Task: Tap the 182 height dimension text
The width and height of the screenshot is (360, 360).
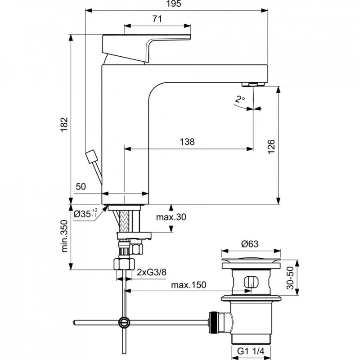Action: click(x=64, y=122)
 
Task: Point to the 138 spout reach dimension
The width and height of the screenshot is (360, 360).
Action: click(x=187, y=142)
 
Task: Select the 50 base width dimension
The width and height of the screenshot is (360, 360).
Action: click(x=81, y=186)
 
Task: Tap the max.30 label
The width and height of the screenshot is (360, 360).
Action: click(x=171, y=217)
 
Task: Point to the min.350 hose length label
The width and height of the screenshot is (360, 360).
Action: click(x=64, y=243)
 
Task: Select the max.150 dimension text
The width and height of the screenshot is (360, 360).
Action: click(x=188, y=285)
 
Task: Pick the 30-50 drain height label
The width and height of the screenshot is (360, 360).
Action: click(x=290, y=277)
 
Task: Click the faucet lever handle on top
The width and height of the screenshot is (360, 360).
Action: click(x=148, y=45)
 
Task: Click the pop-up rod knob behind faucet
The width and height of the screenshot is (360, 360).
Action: click(x=92, y=156)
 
